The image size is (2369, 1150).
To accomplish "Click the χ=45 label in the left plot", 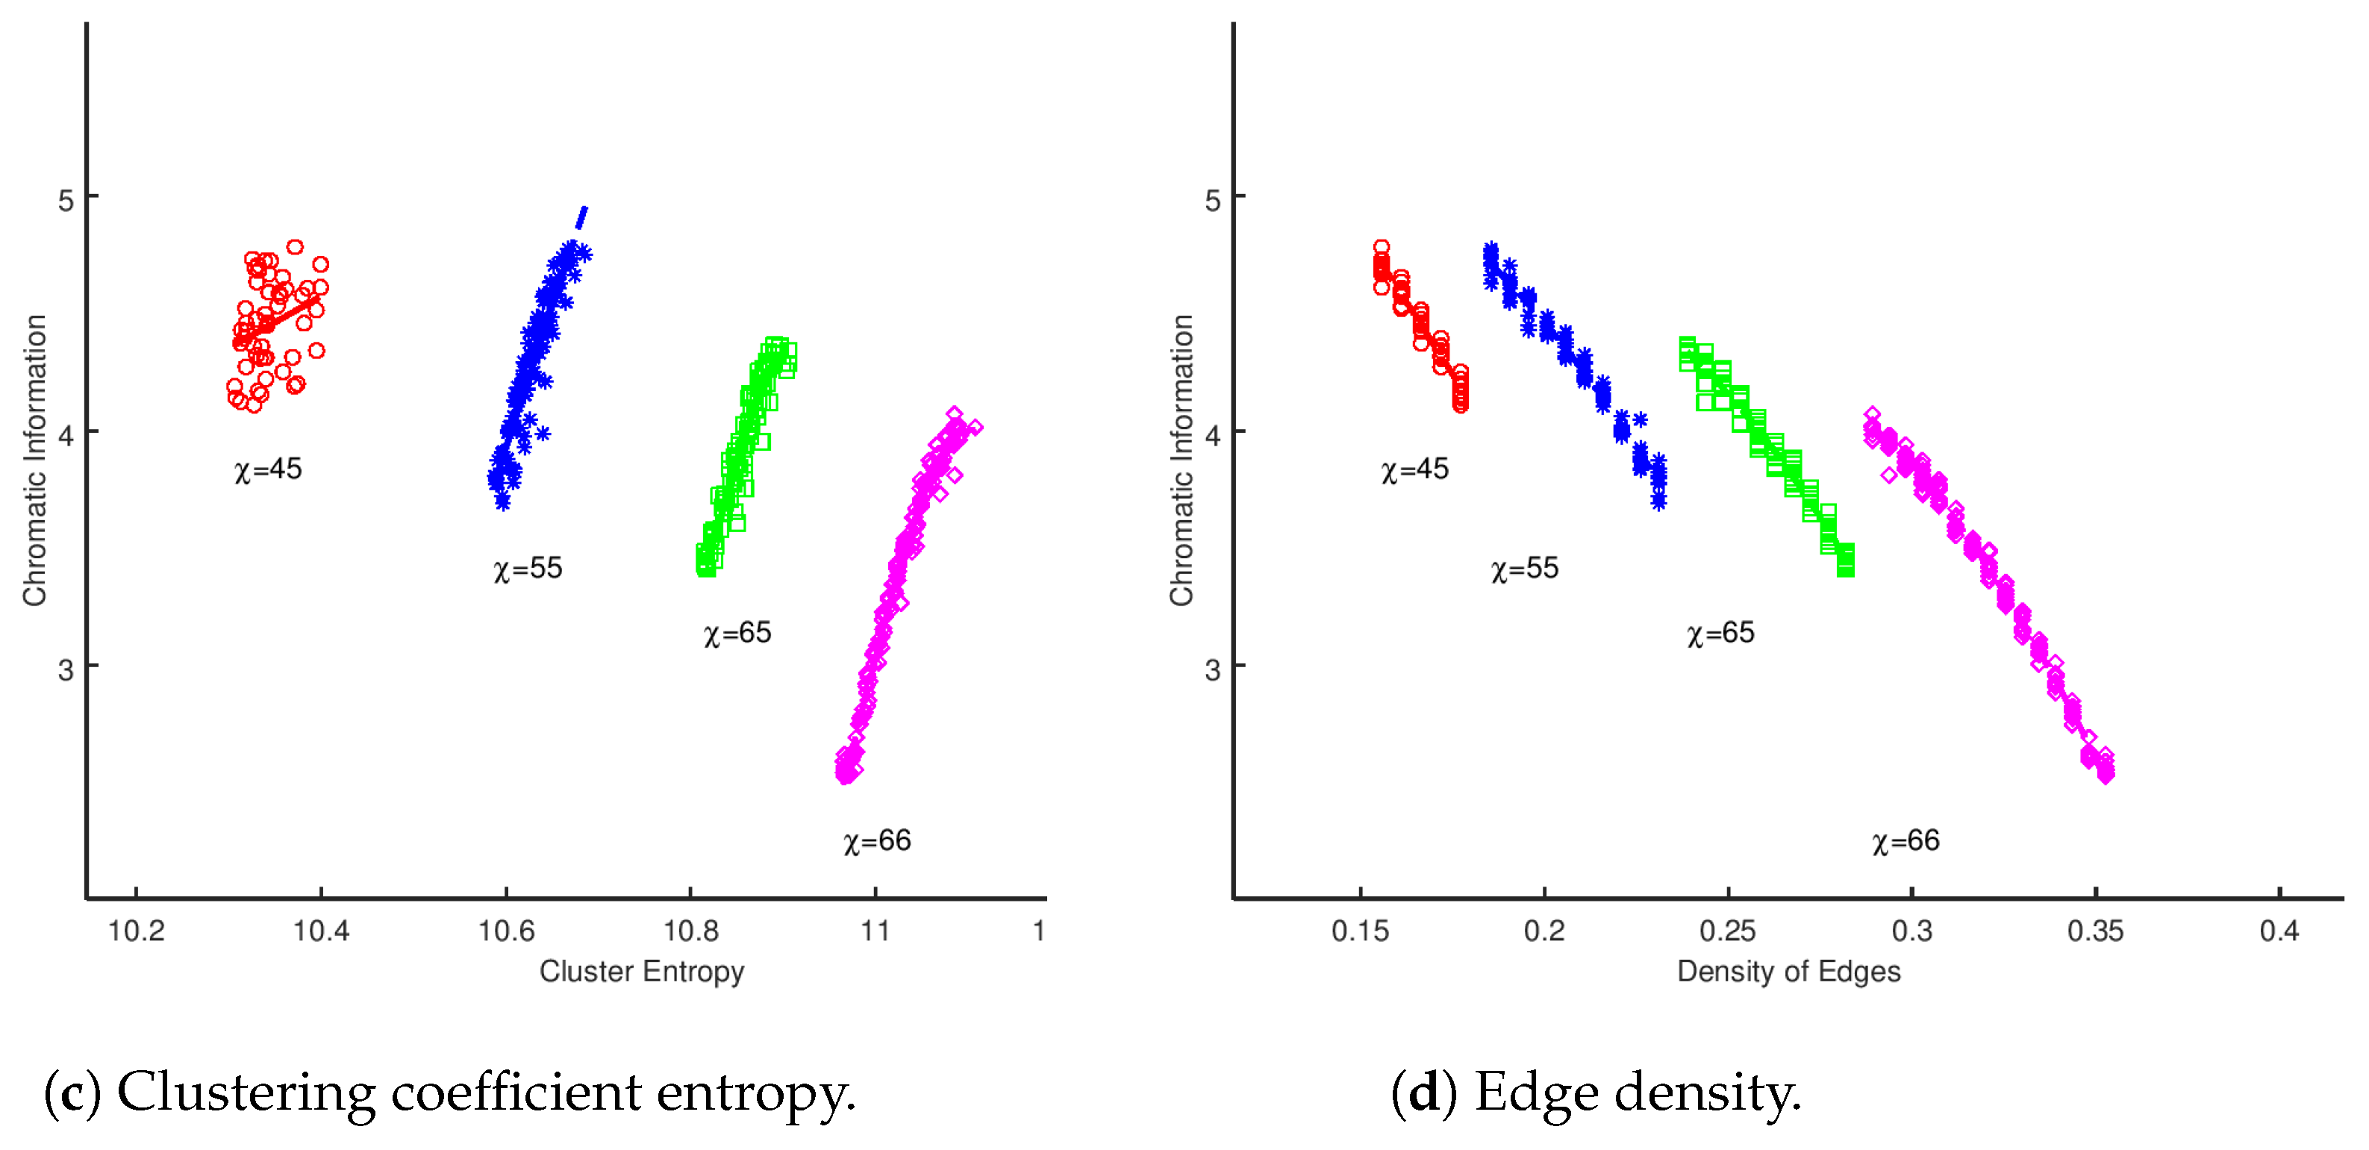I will tap(268, 469).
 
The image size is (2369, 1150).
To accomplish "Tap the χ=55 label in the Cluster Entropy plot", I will tap(528, 569).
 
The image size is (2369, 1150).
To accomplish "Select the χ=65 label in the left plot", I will tap(737, 634).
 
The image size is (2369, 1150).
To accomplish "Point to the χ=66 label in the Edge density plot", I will tap(1905, 841).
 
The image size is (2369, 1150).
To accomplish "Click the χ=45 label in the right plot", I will tap(1414, 469).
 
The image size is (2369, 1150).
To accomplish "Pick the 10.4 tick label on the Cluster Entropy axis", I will tap(321, 931).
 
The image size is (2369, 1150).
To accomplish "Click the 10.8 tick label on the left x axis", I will tap(690, 931).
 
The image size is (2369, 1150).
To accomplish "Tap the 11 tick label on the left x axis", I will tap(875, 931).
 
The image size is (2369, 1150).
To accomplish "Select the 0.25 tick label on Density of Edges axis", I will tap(1727, 931).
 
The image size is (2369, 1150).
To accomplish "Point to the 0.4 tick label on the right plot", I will tap(2279, 931).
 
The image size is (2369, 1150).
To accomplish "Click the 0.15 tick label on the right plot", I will tap(1360, 931).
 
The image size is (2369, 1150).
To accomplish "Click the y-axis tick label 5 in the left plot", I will tap(65, 199).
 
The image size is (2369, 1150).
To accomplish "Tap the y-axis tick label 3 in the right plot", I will tap(1212, 670).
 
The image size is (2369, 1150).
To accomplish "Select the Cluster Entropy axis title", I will tap(641, 972).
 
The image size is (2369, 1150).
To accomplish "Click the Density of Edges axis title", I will tap(1788, 972).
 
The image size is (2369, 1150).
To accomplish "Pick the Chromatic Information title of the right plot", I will tap(1181, 460).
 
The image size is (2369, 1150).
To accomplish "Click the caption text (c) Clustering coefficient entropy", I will tap(450, 1093).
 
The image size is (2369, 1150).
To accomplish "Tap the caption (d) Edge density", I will tap(1596, 1093).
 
